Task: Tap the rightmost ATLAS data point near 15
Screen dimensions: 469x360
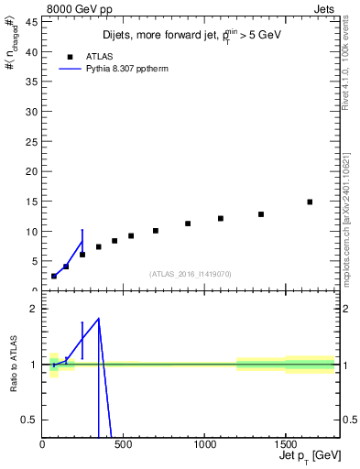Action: click(x=310, y=202)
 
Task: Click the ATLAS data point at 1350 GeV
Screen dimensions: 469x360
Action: click(x=261, y=214)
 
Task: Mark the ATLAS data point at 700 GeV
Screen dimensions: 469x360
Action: click(x=156, y=231)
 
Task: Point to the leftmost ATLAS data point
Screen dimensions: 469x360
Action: click(x=54, y=276)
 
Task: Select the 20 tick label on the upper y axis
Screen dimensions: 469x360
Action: click(x=31, y=171)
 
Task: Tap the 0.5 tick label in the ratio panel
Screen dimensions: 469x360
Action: click(x=28, y=420)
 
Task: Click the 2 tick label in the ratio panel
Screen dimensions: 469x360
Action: click(x=33, y=309)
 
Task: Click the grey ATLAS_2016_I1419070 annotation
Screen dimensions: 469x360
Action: click(x=191, y=273)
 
